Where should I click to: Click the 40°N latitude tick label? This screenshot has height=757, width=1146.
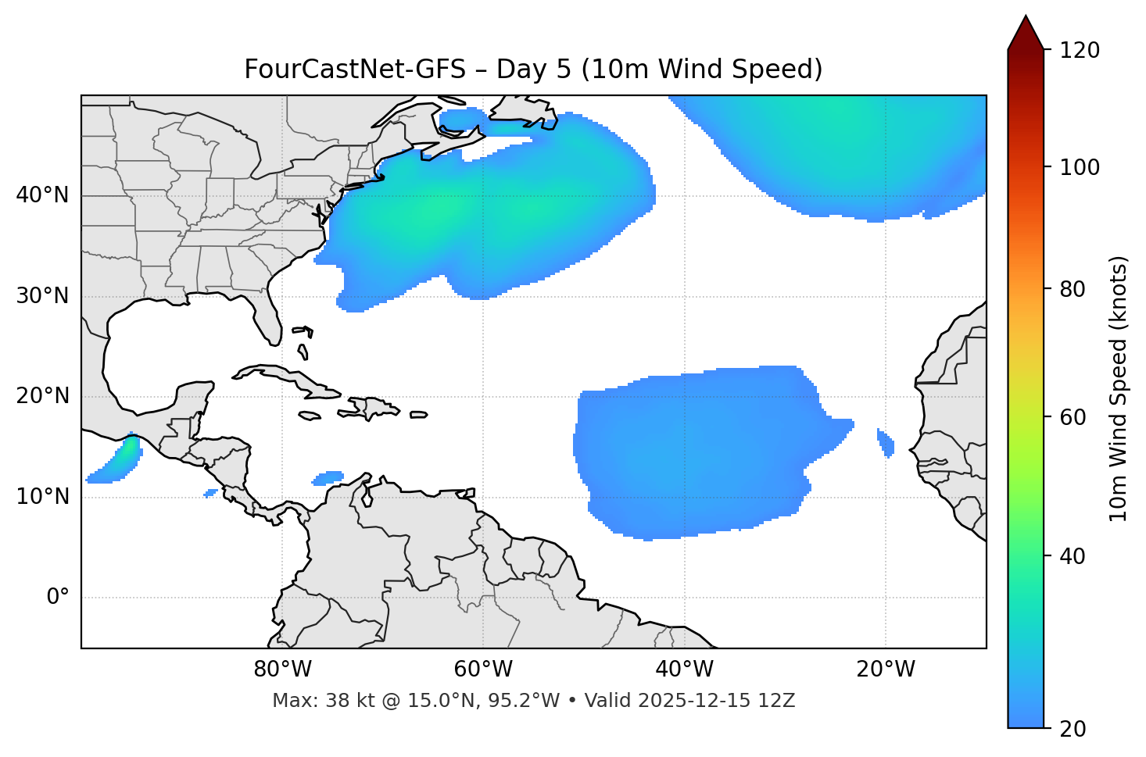click(x=42, y=195)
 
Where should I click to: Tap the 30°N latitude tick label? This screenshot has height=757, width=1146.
click(x=42, y=296)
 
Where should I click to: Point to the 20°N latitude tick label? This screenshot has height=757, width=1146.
click(x=42, y=396)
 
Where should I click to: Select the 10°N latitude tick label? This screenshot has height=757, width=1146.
click(x=42, y=497)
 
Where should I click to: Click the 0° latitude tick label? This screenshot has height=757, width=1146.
click(x=58, y=598)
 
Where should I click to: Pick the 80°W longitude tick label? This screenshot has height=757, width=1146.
click(x=282, y=670)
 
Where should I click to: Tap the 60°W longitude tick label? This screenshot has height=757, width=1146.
click(x=483, y=670)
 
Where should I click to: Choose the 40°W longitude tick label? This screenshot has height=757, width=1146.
click(x=685, y=670)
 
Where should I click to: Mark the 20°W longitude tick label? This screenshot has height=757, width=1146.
click(x=886, y=670)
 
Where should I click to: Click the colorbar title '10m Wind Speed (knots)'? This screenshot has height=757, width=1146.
click(x=1119, y=388)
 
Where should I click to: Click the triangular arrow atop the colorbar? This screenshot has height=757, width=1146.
click(x=1026, y=33)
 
